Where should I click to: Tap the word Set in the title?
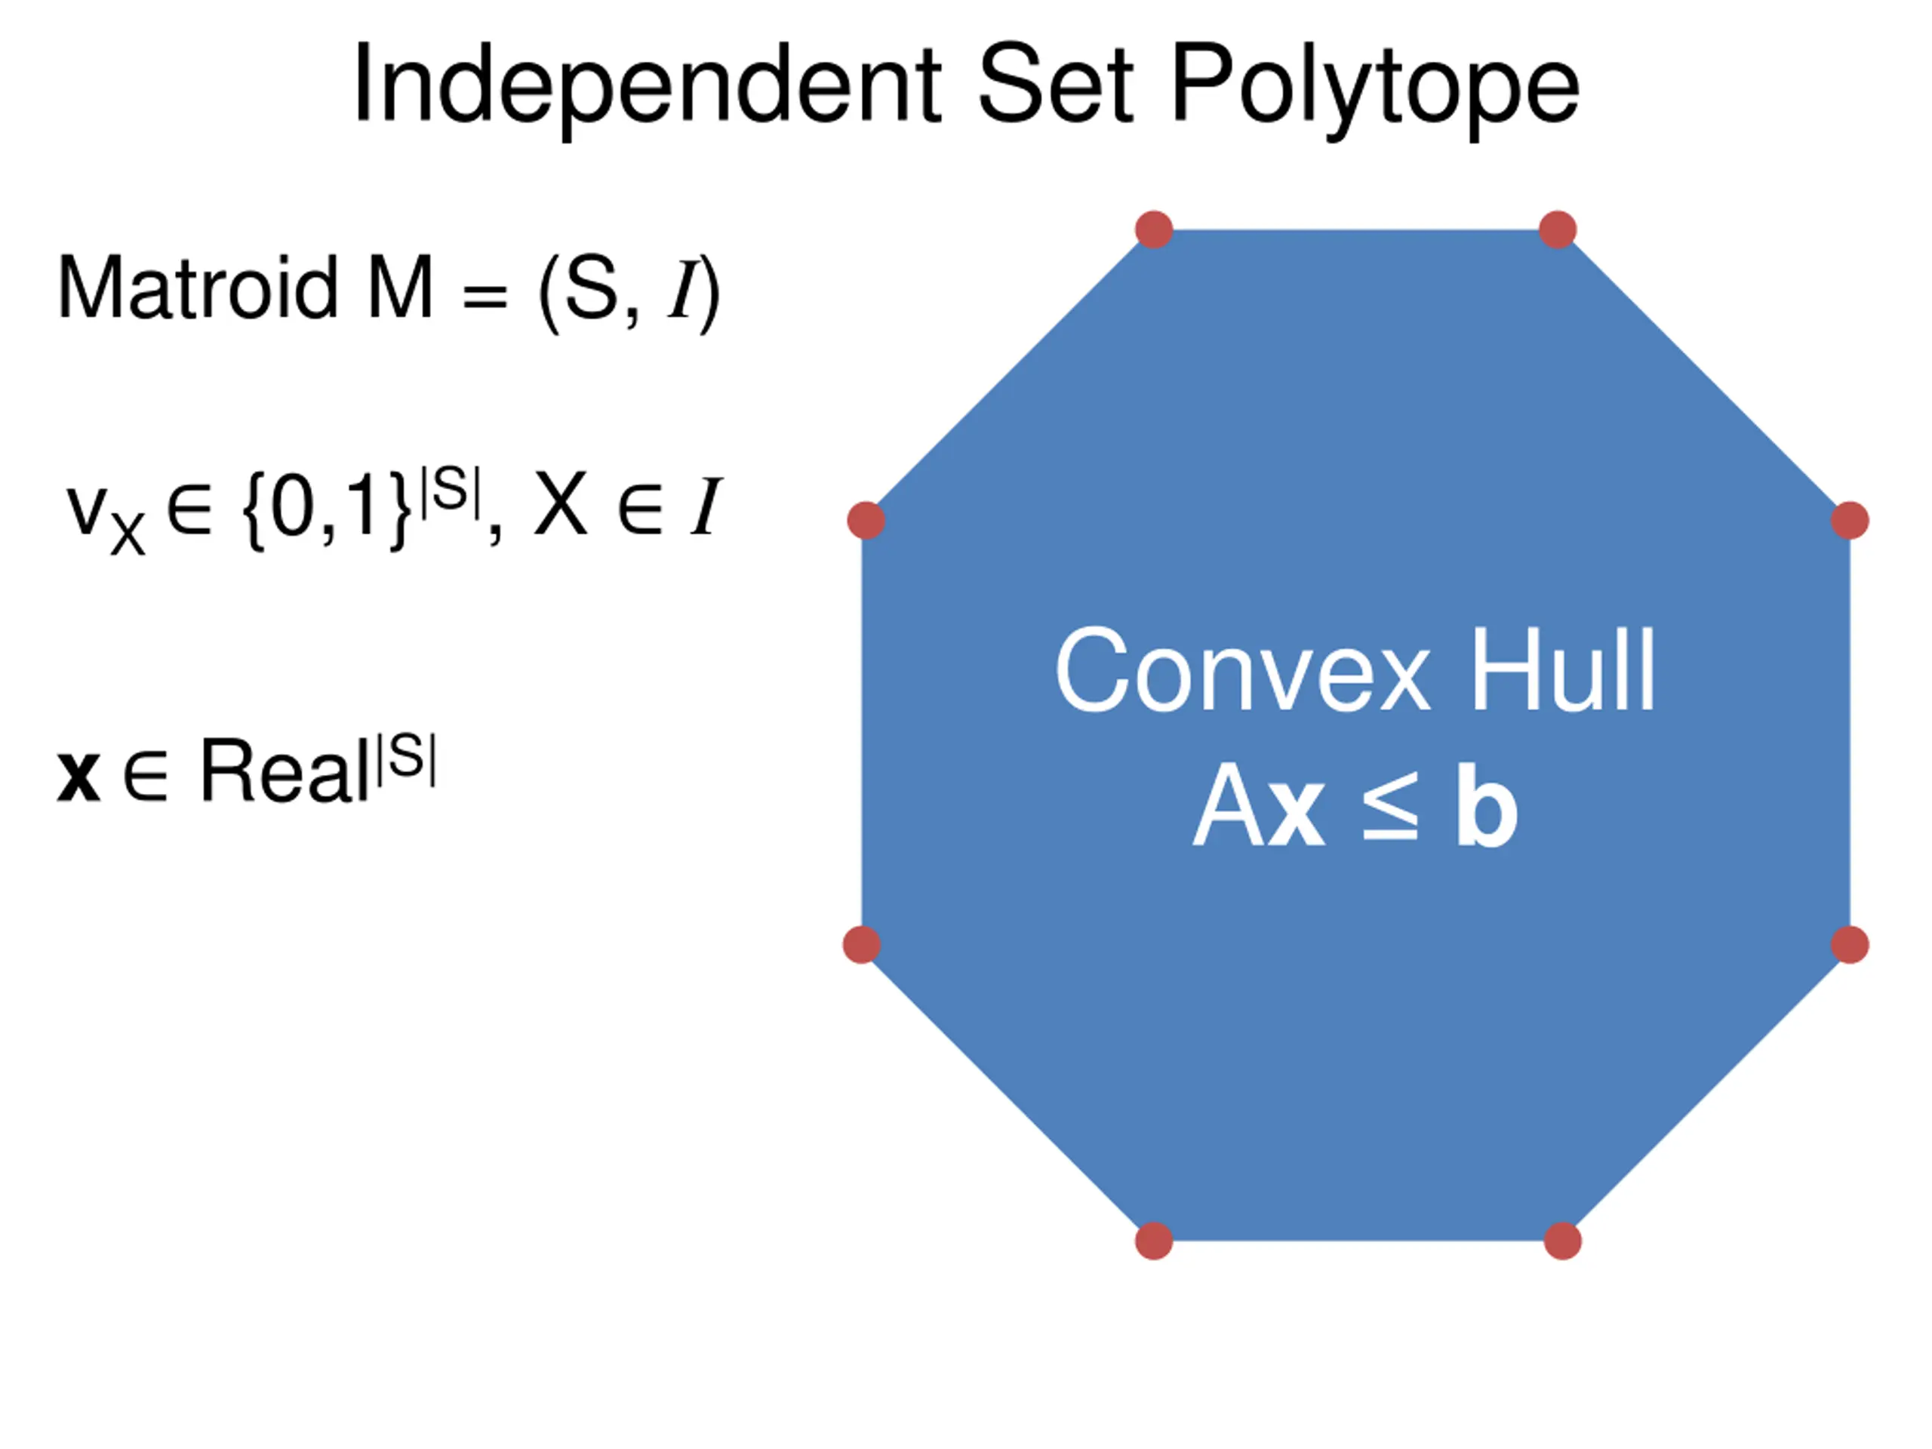point(1054,85)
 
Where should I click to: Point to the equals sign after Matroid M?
point(485,294)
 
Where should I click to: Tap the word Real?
point(284,771)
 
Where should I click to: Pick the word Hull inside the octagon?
point(1564,671)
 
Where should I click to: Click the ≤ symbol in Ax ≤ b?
point(1389,808)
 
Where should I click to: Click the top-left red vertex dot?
point(1154,229)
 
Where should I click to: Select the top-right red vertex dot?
point(1558,229)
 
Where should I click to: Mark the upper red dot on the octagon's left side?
point(866,521)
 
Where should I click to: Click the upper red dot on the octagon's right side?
point(1849,521)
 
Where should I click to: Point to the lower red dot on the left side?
point(862,945)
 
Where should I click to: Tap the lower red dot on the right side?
point(1849,945)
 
